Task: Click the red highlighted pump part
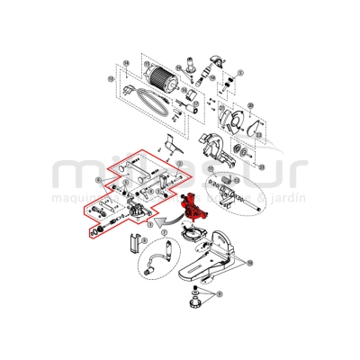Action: [x=194, y=209]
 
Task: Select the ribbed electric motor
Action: [x=162, y=82]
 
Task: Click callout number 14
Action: [x=127, y=64]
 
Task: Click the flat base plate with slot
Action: [x=208, y=265]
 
